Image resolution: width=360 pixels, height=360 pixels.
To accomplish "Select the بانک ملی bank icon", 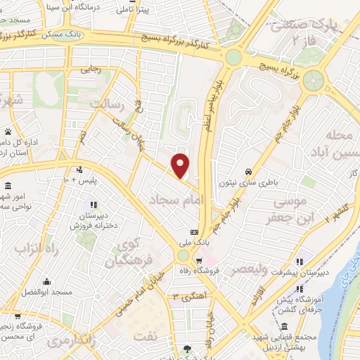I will click(x=194, y=233).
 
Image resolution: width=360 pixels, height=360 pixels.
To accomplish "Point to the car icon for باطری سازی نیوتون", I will click(x=249, y=172).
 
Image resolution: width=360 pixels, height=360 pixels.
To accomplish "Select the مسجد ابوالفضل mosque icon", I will click(x=46, y=282).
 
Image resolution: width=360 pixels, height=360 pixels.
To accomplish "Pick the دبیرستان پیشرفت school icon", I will click(x=300, y=263).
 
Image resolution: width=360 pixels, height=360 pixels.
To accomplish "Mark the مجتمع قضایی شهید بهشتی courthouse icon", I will click(x=283, y=326).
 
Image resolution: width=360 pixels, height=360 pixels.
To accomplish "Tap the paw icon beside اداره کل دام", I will click(x=8, y=131).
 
